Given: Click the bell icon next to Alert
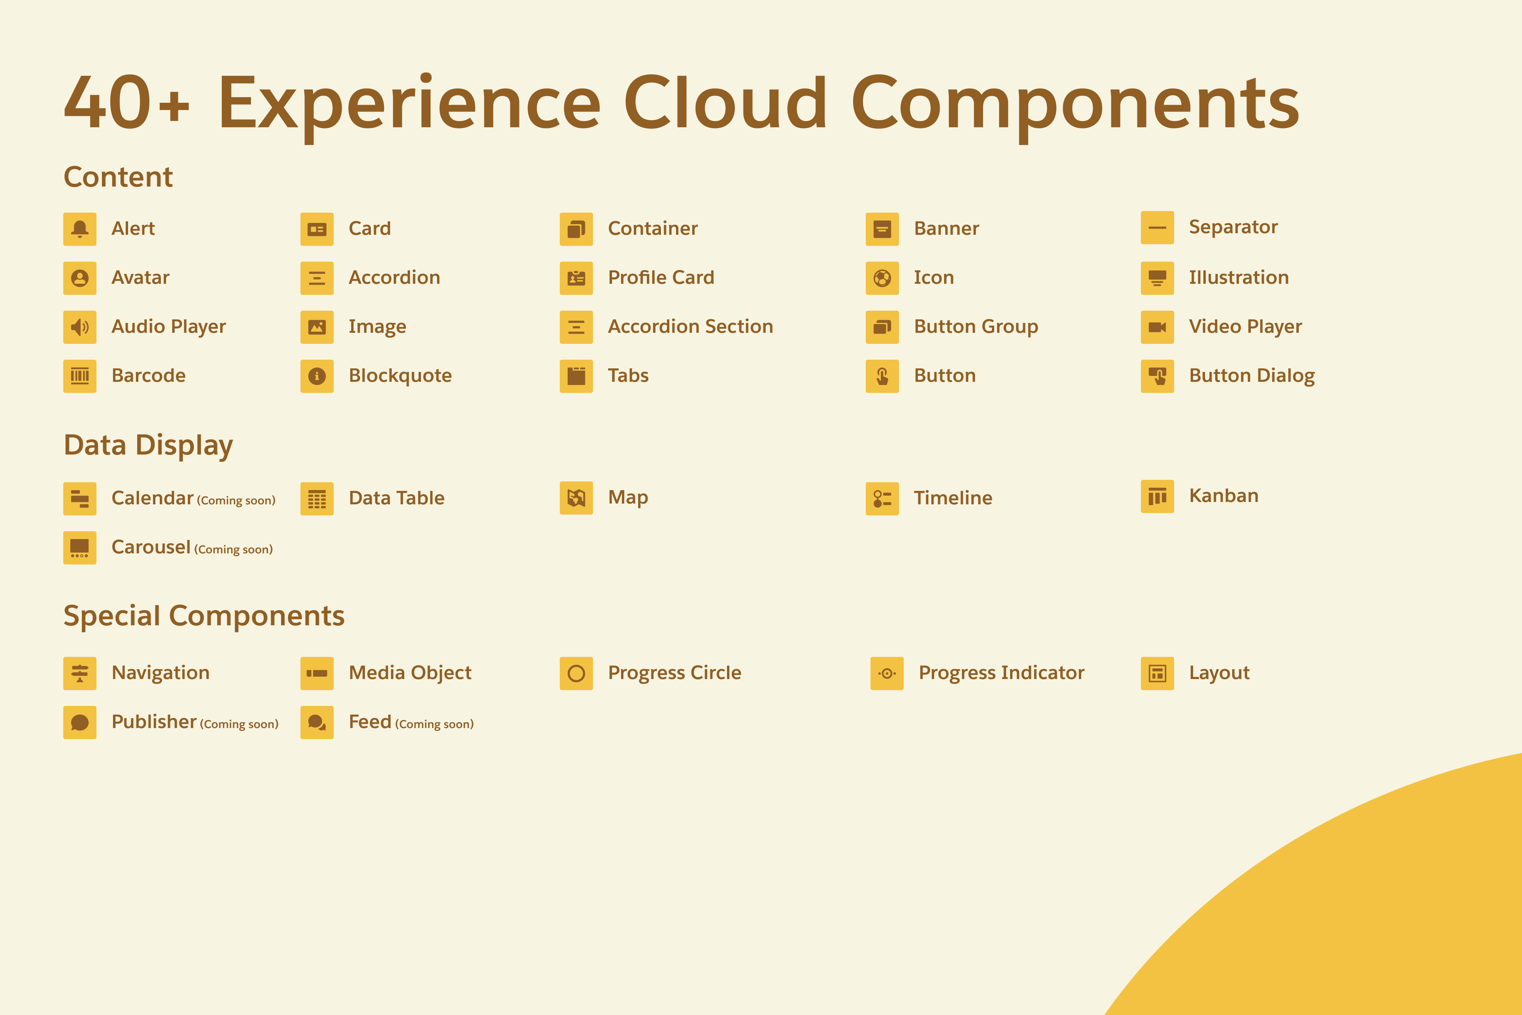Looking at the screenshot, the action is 79,229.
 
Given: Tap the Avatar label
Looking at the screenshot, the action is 140,278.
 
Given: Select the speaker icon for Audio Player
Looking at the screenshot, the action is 79,327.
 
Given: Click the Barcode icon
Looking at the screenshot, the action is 79,376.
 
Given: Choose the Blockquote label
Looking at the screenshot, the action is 400,376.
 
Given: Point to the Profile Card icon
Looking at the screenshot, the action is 576,278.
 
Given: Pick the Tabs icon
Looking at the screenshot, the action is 576,376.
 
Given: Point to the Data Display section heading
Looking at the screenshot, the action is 148,446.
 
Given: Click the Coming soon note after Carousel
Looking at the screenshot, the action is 234,549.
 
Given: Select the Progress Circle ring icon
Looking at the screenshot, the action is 576,673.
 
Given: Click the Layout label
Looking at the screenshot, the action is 1220,673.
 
